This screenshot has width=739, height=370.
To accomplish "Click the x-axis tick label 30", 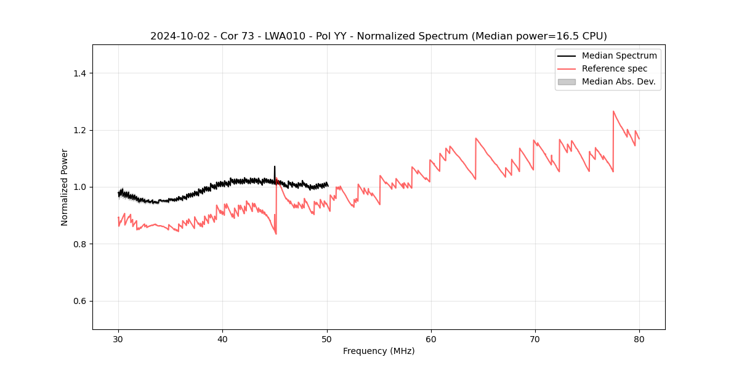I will click(118, 339).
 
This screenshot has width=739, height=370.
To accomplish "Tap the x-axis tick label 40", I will click(222, 339).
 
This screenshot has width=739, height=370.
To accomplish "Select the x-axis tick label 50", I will click(327, 339).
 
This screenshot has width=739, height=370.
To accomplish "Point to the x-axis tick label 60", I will click(431, 339).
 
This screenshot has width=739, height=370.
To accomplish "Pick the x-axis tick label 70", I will click(535, 339).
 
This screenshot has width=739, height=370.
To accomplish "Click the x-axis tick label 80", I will click(639, 339).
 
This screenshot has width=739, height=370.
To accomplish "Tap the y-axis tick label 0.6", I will click(79, 301).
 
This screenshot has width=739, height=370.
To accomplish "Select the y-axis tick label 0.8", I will click(79, 244).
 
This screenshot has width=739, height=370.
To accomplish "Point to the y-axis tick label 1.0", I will click(79, 187).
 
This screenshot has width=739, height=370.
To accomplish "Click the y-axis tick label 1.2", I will click(79, 130).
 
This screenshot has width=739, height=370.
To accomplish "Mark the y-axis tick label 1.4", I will click(79, 73).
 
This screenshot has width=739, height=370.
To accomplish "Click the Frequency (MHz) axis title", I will click(379, 351).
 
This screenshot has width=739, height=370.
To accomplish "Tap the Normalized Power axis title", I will click(65, 187).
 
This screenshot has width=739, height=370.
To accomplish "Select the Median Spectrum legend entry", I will click(619, 55).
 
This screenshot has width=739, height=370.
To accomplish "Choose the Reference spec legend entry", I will click(614, 68).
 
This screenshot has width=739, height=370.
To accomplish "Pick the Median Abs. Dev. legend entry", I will click(618, 81).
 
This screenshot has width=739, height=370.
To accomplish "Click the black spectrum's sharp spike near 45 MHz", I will click(275, 166).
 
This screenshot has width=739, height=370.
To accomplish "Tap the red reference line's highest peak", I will click(613, 112).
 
